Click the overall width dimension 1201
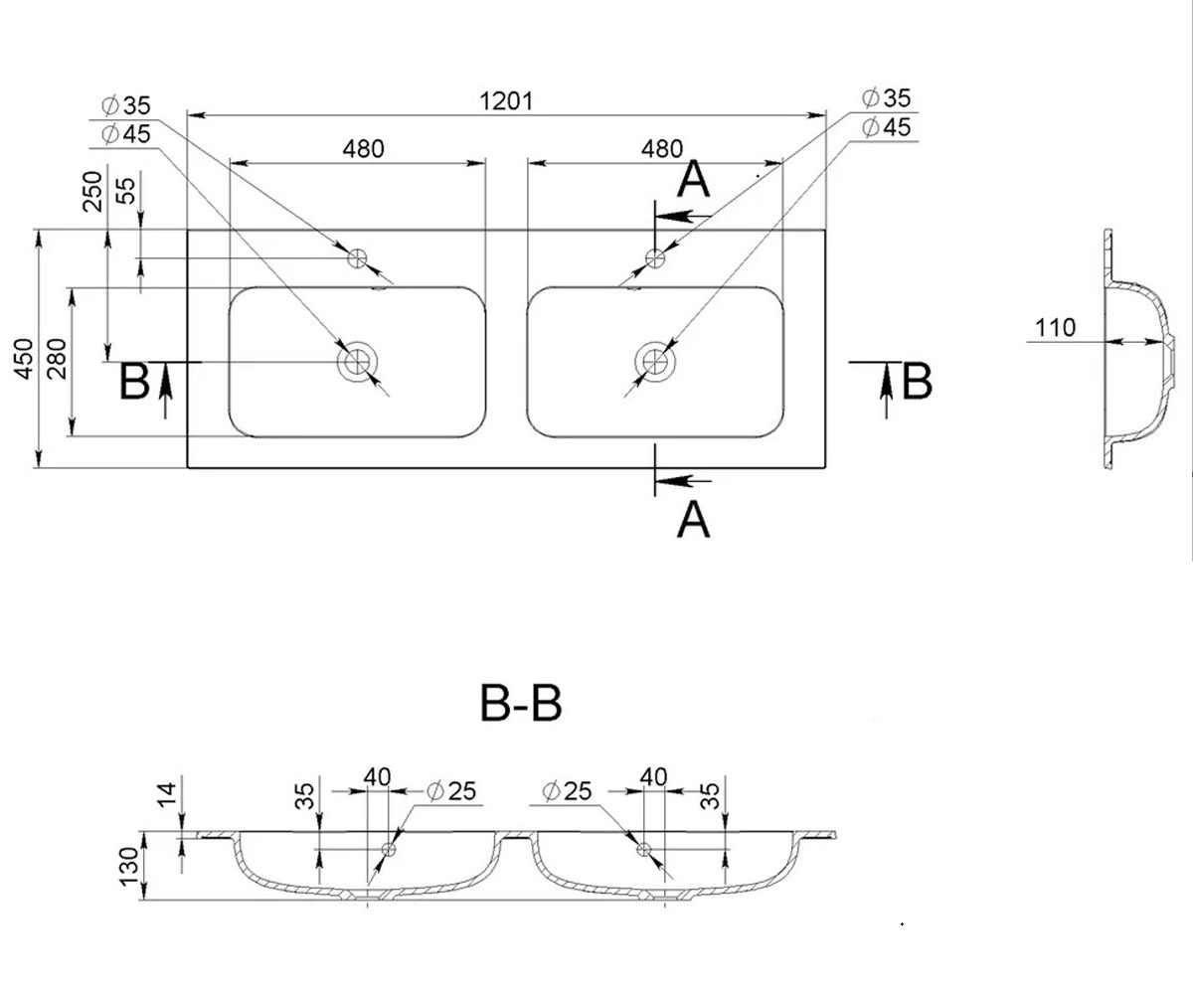coord(506,101)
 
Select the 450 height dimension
coord(25,358)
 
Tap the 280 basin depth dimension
coord(57,359)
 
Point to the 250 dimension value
coord(92,192)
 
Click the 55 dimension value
coord(127,191)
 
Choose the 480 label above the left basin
coord(364,149)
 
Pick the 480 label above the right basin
coord(662,149)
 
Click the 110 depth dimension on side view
coord(1055,328)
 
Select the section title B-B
coord(521,703)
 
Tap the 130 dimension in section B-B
coord(129,866)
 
